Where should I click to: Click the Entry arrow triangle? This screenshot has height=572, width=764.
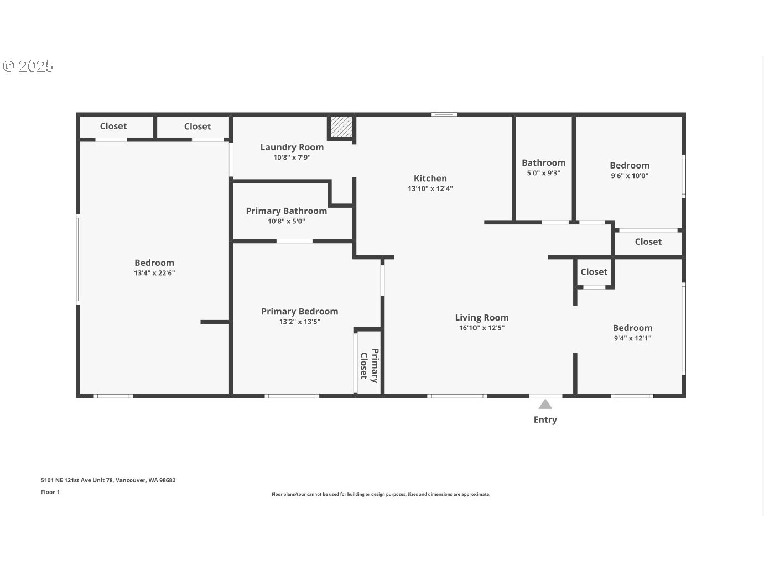coord(545,405)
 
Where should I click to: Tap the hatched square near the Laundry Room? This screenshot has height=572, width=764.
coord(341,127)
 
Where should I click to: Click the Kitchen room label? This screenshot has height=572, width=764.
coord(430,179)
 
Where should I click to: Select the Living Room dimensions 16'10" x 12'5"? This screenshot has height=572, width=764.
coord(482,328)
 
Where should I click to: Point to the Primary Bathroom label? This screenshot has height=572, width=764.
coord(287,211)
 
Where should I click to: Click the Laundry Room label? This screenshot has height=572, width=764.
coord(292,148)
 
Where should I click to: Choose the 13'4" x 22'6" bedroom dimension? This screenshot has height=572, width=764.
coord(154,273)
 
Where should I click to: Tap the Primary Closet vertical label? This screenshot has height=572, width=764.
coord(370,366)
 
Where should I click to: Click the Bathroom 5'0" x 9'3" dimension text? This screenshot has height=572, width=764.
coord(543,173)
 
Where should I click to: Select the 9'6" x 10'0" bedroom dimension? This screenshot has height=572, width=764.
coord(630,176)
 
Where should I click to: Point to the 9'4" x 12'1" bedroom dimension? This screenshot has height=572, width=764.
coord(632,338)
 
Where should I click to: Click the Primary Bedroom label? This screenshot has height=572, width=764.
coord(300,312)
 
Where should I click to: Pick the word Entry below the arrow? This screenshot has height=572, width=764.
coord(545,419)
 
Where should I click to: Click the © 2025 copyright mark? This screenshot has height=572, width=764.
coord(28,66)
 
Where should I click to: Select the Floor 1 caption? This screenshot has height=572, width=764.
coord(50,492)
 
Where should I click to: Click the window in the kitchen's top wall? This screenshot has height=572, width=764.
coord(444,114)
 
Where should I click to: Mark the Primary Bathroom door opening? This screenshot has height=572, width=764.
coord(294,241)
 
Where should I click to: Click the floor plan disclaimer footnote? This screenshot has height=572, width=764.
coord(381,494)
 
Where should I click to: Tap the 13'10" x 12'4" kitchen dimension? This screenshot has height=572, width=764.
coord(430,189)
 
